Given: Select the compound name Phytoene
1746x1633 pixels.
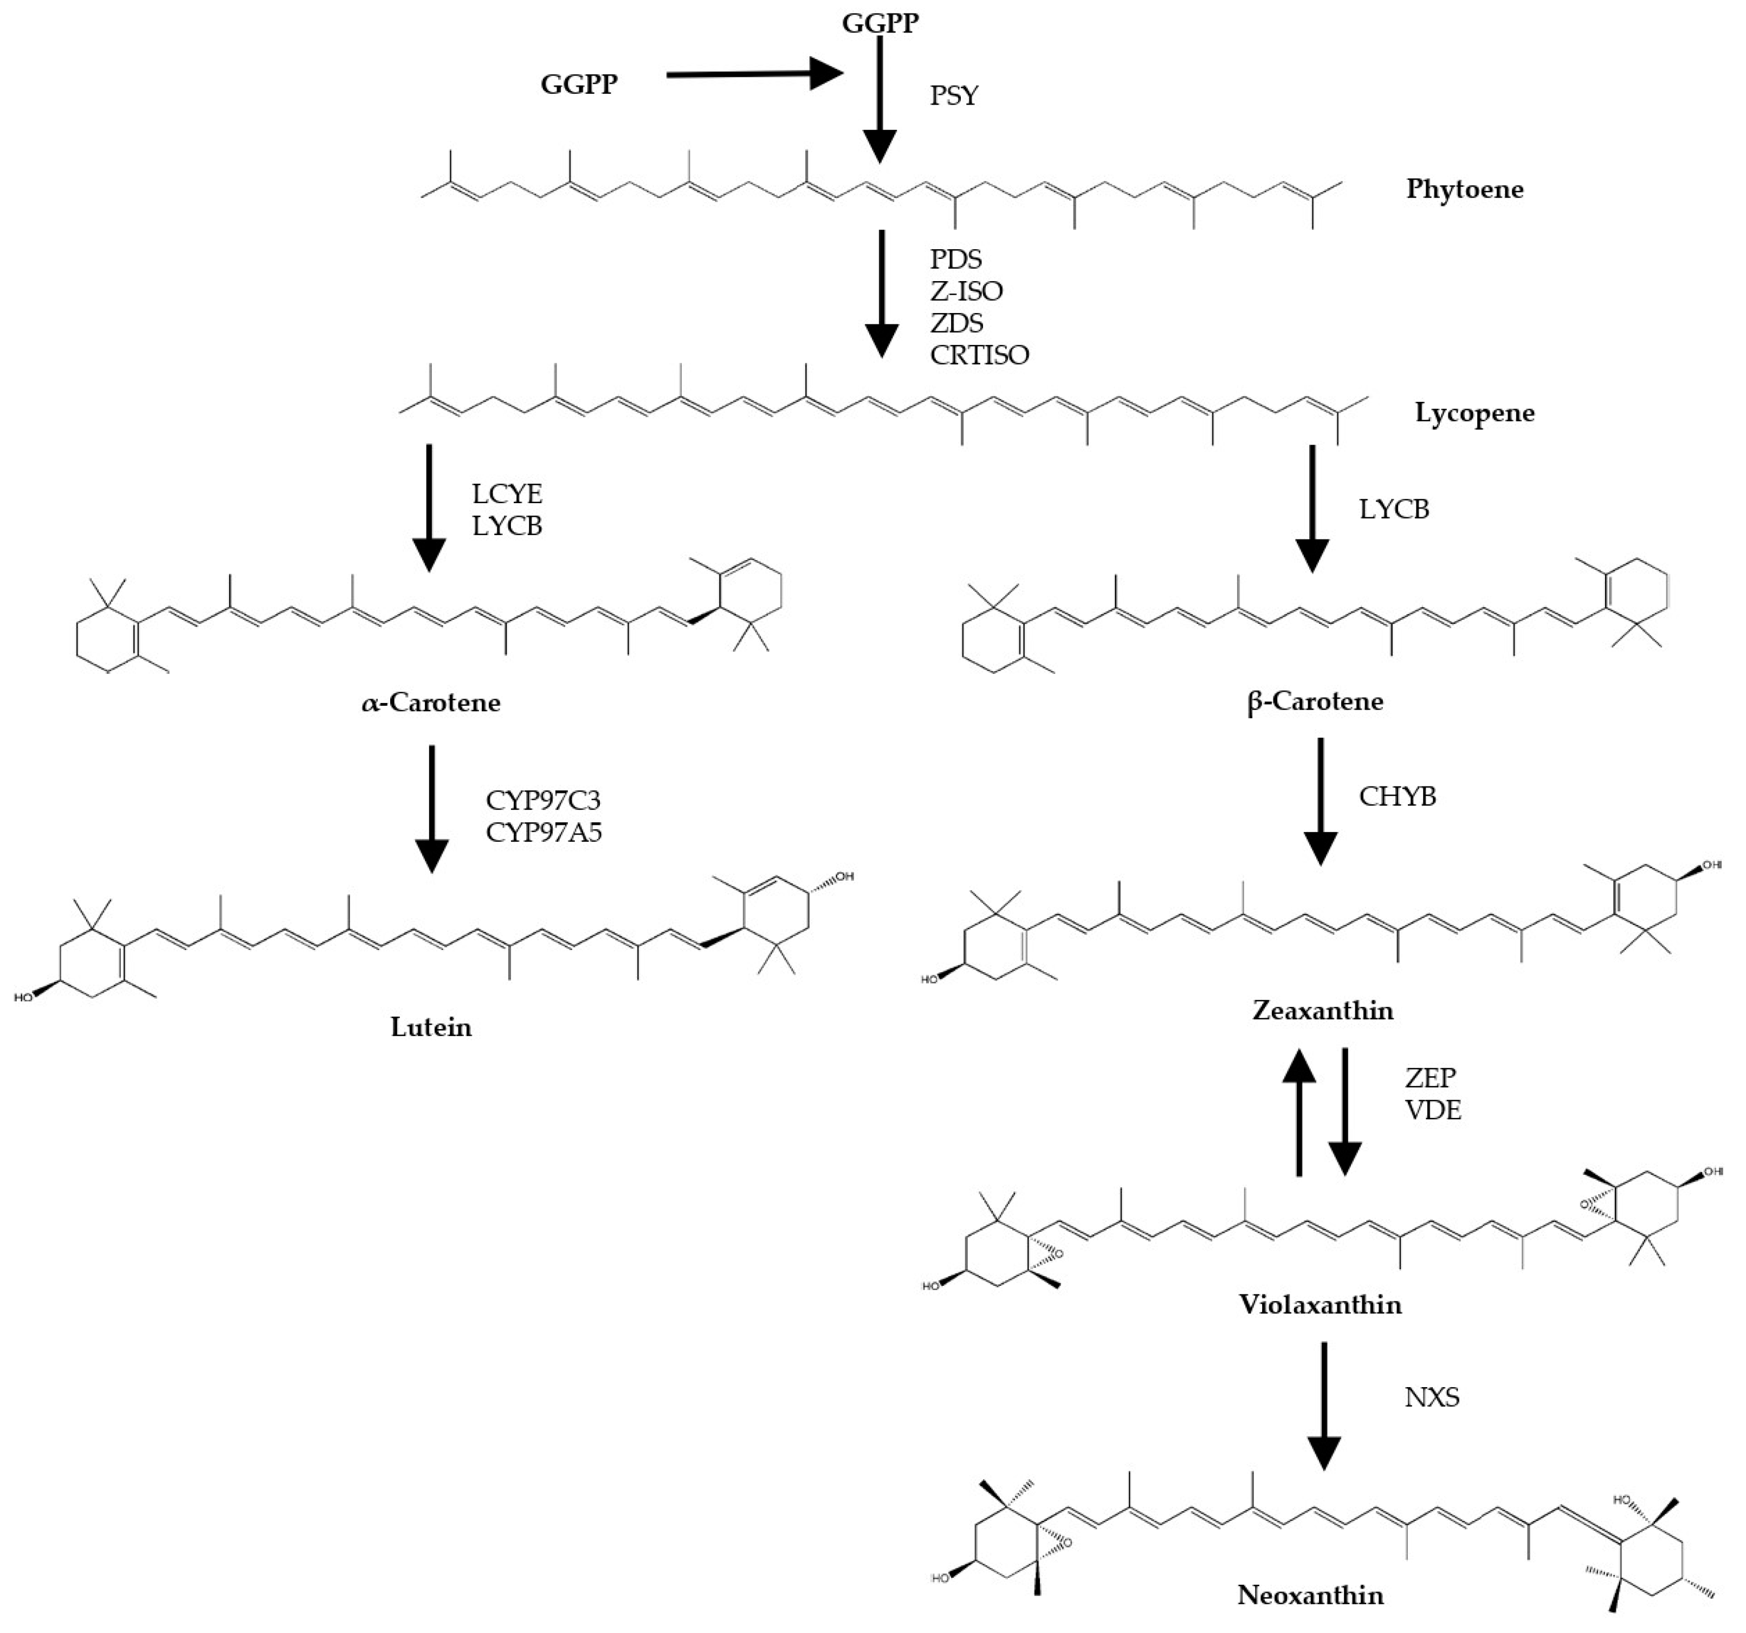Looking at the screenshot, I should [x=1464, y=189].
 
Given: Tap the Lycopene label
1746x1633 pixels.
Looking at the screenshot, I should [x=1475, y=413].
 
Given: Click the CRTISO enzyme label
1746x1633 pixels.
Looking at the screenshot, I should [x=979, y=355].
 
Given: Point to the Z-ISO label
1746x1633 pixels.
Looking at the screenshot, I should [x=966, y=291].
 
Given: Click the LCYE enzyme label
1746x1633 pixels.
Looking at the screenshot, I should [x=507, y=493].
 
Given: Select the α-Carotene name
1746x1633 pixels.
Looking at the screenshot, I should [x=431, y=702].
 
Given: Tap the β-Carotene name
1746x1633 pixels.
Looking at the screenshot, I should [x=1315, y=701].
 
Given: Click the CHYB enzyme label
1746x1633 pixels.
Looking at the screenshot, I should [x=1398, y=796].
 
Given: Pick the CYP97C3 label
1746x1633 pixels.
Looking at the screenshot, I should [x=543, y=800].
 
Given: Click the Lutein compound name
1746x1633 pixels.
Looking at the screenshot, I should [x=431, y=1026].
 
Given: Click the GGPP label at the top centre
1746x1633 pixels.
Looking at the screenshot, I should [x=880, y=23].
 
